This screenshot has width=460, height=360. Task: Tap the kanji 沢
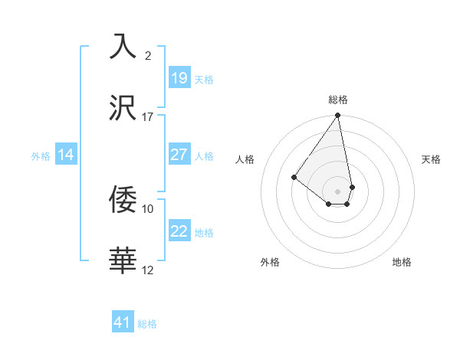(123, 107)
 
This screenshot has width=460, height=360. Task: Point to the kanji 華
(123, 260)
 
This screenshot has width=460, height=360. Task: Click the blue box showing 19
(179, 77)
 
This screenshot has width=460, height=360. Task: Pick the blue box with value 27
(179, 155)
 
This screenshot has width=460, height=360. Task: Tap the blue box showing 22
(179, 231)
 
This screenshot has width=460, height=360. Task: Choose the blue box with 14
(66, 155)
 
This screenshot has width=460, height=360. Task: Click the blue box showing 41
(123, 322)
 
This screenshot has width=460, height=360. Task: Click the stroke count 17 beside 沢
(148, 116)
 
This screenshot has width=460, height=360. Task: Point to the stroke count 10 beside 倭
(148, 208)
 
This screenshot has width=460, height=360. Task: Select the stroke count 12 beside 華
(148, 270)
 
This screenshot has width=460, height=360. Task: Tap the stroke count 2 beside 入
(148, 55)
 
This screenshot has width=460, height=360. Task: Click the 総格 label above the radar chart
(338, 100)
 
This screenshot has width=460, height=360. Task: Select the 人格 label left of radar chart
(245, 159)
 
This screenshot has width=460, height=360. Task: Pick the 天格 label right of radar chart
(431, 159)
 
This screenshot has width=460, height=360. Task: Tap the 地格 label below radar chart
(402, 262)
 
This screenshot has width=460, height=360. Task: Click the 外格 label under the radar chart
(270, 262)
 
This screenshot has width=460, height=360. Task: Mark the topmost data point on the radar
(338, 116)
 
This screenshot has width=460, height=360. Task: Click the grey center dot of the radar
(338, 191)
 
